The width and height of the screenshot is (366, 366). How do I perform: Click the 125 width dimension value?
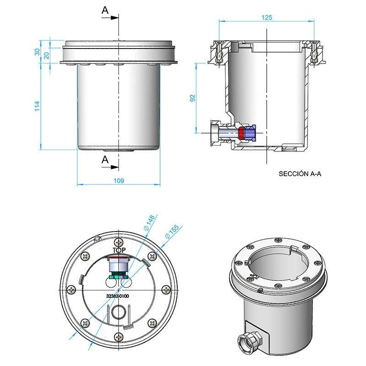[267, 17]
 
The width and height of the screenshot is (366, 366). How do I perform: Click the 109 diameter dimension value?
[118, 181]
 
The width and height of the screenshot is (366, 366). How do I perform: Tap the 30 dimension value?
[38, 52]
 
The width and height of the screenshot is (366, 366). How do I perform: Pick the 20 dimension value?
[46, 54]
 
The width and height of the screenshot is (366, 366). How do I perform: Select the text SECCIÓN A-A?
[300, 174]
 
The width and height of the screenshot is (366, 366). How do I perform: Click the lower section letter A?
[105, 159]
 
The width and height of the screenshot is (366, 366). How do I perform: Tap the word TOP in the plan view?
[119, 250]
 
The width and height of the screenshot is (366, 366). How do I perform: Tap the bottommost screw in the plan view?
[119, 337]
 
